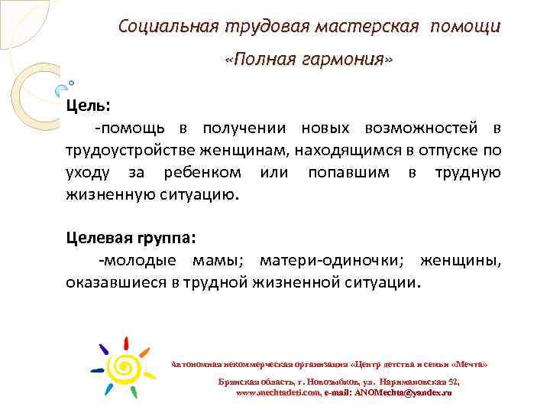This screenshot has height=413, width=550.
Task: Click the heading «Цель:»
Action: coord(88,104)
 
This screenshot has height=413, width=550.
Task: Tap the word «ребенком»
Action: coord(202,172)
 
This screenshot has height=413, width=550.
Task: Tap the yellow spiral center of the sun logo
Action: coord(124,369)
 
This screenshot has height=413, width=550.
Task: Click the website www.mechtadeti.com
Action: coord(276,392)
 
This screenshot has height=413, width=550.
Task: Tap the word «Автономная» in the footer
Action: coord(198,364)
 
